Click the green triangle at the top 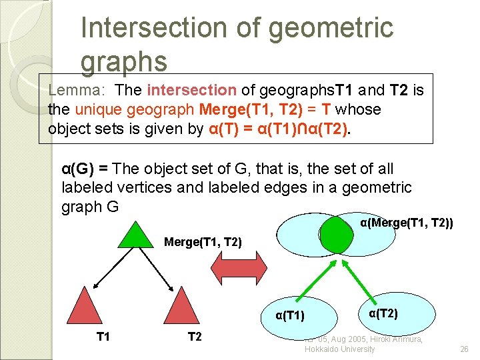point(137,235)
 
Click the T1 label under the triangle point(103,337)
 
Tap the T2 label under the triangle point(195,337)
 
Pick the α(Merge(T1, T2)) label point(406,223)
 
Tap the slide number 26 point(465,349)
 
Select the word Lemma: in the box point(76,90)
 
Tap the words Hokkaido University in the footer point(340,349)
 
